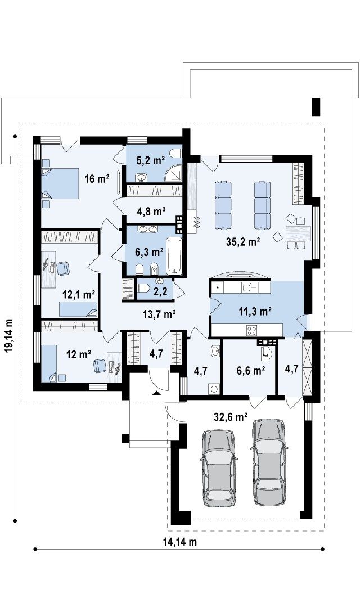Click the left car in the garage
[x=218, y=468]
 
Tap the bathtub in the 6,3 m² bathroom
[x=175, y=255]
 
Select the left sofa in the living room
[x=223, y=205]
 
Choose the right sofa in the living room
[x=262, y=205]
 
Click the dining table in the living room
[x=298, y=233]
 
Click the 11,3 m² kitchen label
[x=255, y=312]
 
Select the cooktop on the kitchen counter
[x=251, y=330]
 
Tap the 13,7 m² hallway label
[x=159, y=314]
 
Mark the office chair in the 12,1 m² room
[x=64, y=268]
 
